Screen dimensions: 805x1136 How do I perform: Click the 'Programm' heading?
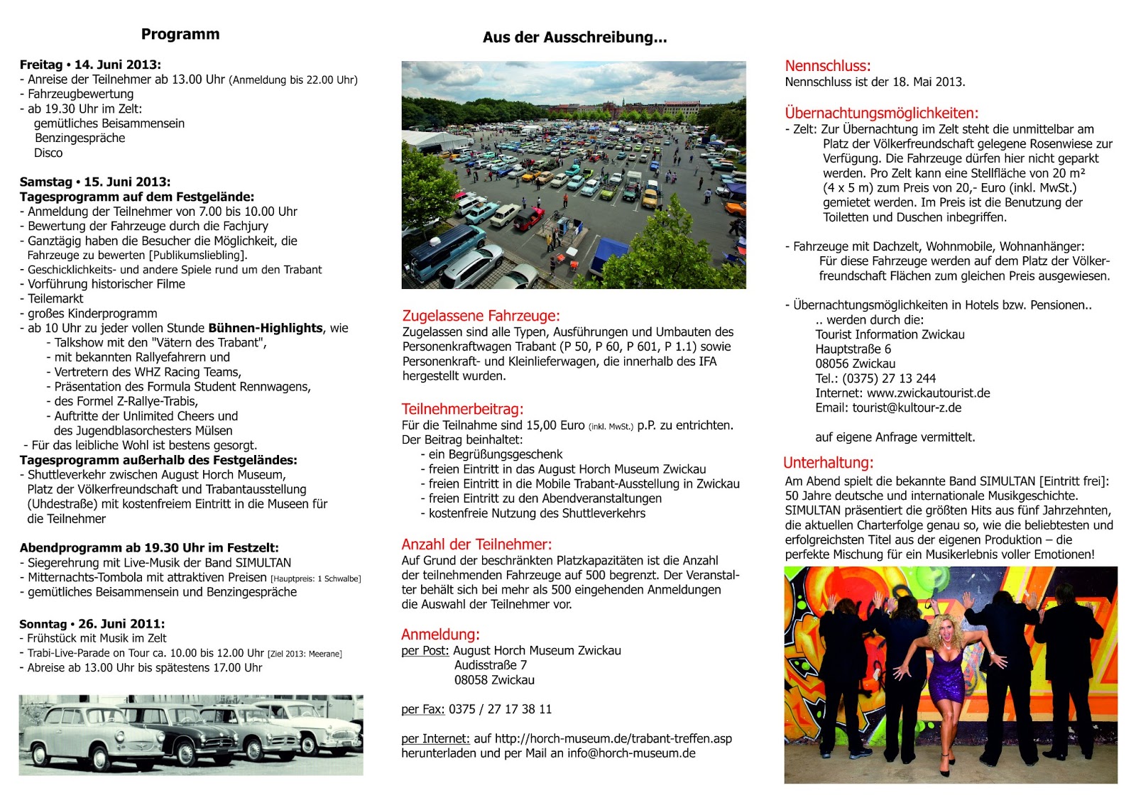180,34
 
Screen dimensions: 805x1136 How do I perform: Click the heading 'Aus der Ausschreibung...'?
574,38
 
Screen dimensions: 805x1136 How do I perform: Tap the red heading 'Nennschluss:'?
827,66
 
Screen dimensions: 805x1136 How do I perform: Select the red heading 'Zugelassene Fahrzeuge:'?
481,316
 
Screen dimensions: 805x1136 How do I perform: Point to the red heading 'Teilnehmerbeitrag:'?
462,409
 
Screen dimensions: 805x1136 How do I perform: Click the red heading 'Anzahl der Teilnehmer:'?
476,544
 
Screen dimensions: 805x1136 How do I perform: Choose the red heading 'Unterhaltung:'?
828,463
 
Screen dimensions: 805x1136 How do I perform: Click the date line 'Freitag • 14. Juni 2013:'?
90,65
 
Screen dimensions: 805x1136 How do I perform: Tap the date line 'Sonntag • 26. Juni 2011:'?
92,624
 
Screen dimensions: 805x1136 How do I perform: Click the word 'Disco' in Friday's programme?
48,153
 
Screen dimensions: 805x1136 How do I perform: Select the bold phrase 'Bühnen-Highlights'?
266,328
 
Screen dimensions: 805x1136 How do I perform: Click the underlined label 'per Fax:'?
423,709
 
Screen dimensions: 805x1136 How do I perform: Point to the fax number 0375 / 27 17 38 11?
500,709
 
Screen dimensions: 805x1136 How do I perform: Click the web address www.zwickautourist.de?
928,393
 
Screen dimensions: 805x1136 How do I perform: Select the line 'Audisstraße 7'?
491,665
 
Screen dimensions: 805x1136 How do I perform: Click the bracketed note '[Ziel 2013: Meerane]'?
305,654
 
